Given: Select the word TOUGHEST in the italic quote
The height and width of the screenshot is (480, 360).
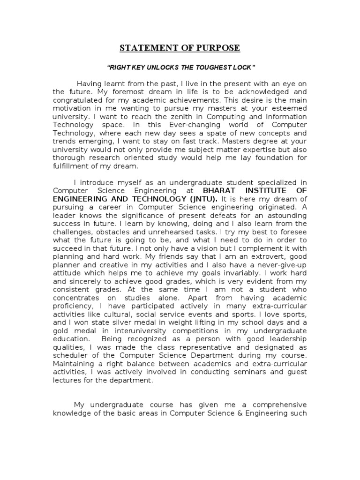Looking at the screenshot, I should point(217,67).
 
